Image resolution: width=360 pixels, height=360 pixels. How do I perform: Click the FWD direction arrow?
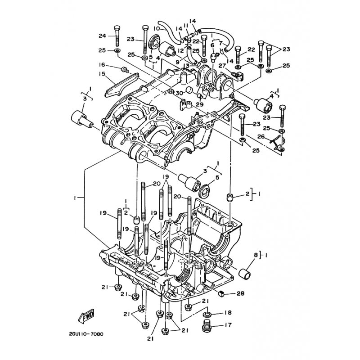pyautogui.click(x=86, y=316)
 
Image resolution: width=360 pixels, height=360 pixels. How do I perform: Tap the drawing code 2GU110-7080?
pyautogui.click(x=86, y=334)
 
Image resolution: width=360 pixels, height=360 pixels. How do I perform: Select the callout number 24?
pyautogui.click(x=103, y=36)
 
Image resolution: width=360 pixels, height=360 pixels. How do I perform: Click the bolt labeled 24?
pyautogui.click(x=117, y=36)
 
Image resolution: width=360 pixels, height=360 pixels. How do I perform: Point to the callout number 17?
pyautogui.click(x=228, y=325)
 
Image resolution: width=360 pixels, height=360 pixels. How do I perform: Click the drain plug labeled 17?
pyautogui.click(x=207, y=326)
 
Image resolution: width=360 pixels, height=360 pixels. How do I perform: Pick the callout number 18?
pyautogui.click(x=228, y=312)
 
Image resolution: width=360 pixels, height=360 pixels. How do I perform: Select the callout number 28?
pyautogui.click(x=240, y=293)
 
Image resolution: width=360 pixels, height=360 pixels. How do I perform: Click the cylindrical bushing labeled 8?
pyautogui.click(x=245, y=274)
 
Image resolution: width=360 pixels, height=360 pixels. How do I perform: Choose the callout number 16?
pyautogui.click(x=102, y=65)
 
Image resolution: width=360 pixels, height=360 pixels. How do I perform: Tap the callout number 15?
pyautogui.click(x=102, y=74)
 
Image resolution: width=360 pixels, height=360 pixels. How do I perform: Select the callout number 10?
pyautogui.click(x=156, y=29)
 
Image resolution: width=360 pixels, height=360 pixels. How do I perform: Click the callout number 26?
pyautogui.click(x=261, y=137)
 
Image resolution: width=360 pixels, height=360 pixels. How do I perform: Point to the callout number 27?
pyautogui.click(x=222, y=66)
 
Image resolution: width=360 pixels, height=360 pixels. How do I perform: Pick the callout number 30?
pyautogui.click(x=179, y=93)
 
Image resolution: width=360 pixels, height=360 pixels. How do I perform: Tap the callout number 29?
pyautogui.click(x=200, y=104)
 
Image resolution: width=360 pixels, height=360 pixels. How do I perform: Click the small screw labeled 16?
pyautogui.click(x=125, y=69)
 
